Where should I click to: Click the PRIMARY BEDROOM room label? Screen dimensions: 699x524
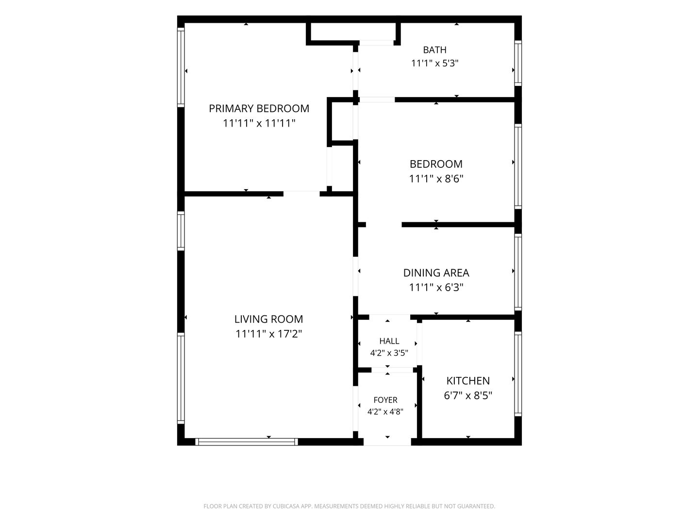click(x=259, y=109)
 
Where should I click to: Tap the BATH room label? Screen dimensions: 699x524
click(x=434, y=50)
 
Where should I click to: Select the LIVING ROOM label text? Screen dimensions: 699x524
click(x=268, y=319)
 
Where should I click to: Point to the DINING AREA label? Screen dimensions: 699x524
click(x=436, y=273)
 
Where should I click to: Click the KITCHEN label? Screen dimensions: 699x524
click(x=468, y=380)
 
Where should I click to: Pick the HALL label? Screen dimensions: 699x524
click(x=389, y=341)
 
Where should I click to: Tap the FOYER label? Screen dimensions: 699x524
click(x=385, y=400)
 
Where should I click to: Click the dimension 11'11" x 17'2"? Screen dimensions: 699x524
click(x=268, y=334)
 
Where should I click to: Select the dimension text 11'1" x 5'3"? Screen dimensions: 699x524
click(x=434, y=63)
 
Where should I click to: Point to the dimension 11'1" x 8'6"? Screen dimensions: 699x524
click(x=436, y=179)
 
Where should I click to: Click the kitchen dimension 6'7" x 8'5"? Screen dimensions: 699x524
click(x=468, y=395)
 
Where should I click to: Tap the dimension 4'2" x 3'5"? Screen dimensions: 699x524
click(x=389, y=353)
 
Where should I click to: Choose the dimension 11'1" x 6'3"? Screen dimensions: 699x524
click(x=436, y=287)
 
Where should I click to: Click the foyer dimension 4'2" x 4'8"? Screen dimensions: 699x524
click(x=385, y=412)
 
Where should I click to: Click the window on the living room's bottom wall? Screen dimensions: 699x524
click(x=247, y=442)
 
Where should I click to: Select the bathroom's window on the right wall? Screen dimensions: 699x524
click(x=518, y=63)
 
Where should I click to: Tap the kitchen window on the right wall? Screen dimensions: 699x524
click(x=518, y=374)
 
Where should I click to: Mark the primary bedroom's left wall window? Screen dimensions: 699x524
click(x=181, y=67)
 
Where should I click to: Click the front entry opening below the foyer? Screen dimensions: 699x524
click(x=387, y=442)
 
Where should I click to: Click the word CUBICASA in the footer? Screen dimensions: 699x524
click(x=285, y=506)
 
